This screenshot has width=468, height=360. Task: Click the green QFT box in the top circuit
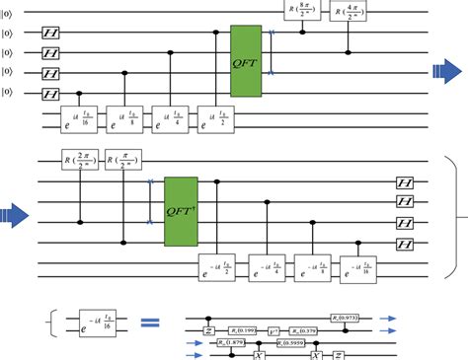click(x=245, y=60)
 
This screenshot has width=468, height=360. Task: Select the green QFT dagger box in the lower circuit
click(x=181, y=212)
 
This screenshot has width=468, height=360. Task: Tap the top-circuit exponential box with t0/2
click(x=217, y=117)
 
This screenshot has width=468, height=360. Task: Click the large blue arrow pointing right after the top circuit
click(x=444, y=69)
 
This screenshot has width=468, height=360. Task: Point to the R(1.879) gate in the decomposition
click(x=234, y=341)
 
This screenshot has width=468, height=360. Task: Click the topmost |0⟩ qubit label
click(x=8, y=14)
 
